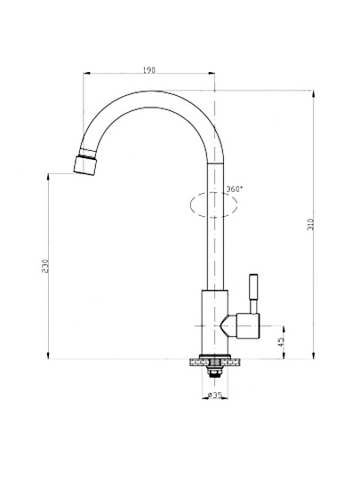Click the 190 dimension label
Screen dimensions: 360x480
coord(149,70)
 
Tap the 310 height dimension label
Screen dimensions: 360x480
coord(310,224)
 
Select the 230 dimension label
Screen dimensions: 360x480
coord(45,266)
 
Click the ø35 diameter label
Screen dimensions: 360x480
coord(214,395)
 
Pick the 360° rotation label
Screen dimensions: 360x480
coord(234,188)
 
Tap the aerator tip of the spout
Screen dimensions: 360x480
coord(85,165)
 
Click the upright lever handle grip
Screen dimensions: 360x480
coord(253,286)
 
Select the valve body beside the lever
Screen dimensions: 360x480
coord(248,325)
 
